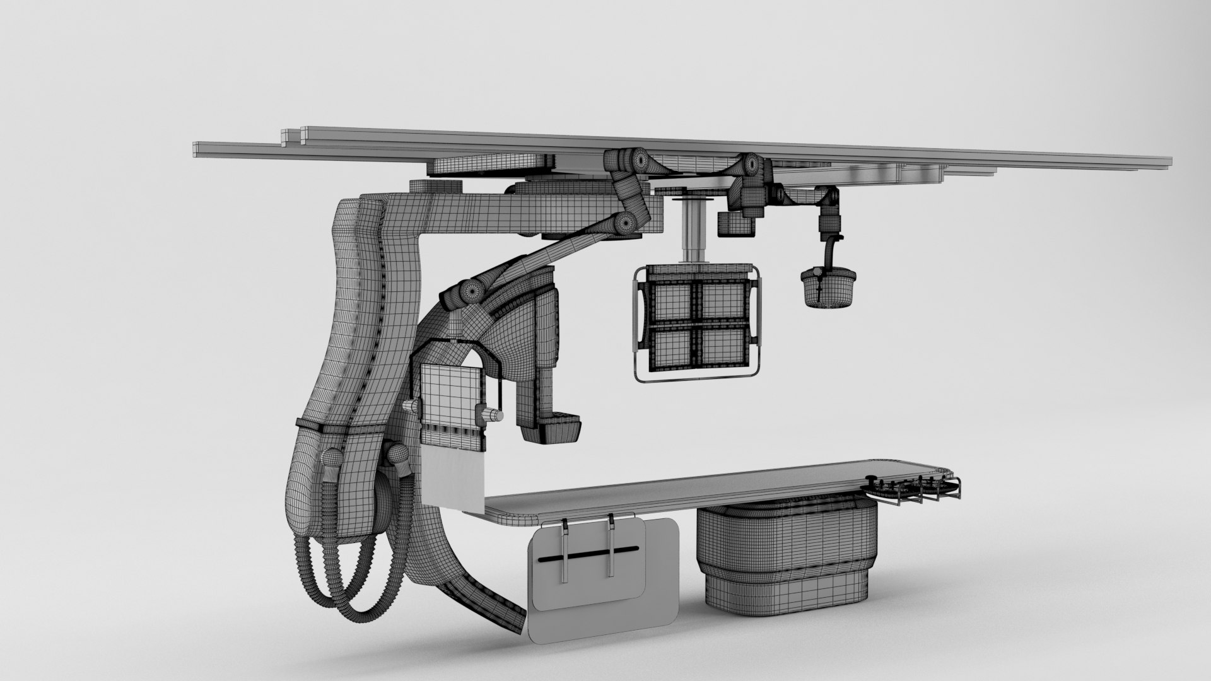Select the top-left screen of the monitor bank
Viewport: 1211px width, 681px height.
pos(672,301)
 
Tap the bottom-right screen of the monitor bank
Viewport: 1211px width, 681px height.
pos(722,347)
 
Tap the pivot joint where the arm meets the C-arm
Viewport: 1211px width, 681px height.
pos(470,291)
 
